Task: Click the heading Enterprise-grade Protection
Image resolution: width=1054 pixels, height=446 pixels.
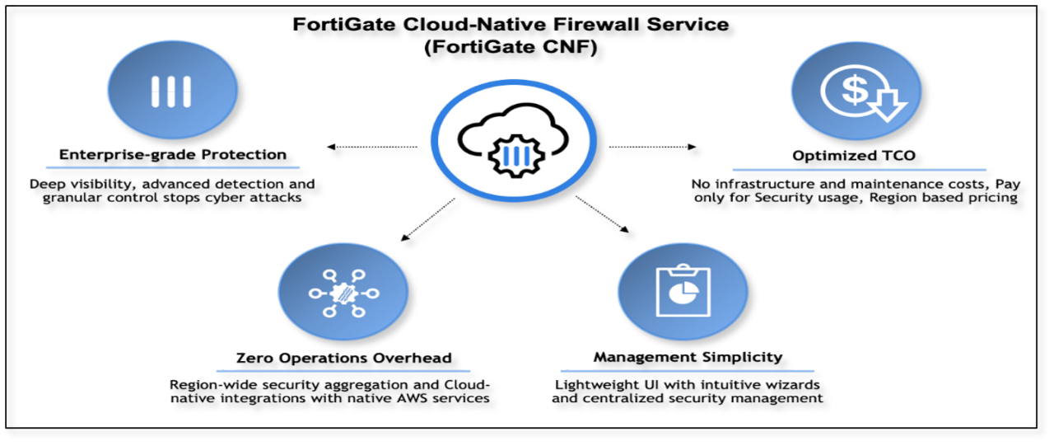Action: coord(172,154)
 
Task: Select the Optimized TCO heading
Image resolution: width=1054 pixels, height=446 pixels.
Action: coord(851,155)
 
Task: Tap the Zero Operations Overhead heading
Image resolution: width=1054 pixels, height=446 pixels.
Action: coord(343,359)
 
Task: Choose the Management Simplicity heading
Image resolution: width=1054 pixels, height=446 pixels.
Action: coord(688,359)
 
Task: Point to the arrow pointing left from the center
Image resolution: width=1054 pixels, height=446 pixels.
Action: coord(363,150)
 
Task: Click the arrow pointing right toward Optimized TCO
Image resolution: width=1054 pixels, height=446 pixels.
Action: coord(658,149)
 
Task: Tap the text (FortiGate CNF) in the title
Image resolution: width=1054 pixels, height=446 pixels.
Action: coord(511,48)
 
